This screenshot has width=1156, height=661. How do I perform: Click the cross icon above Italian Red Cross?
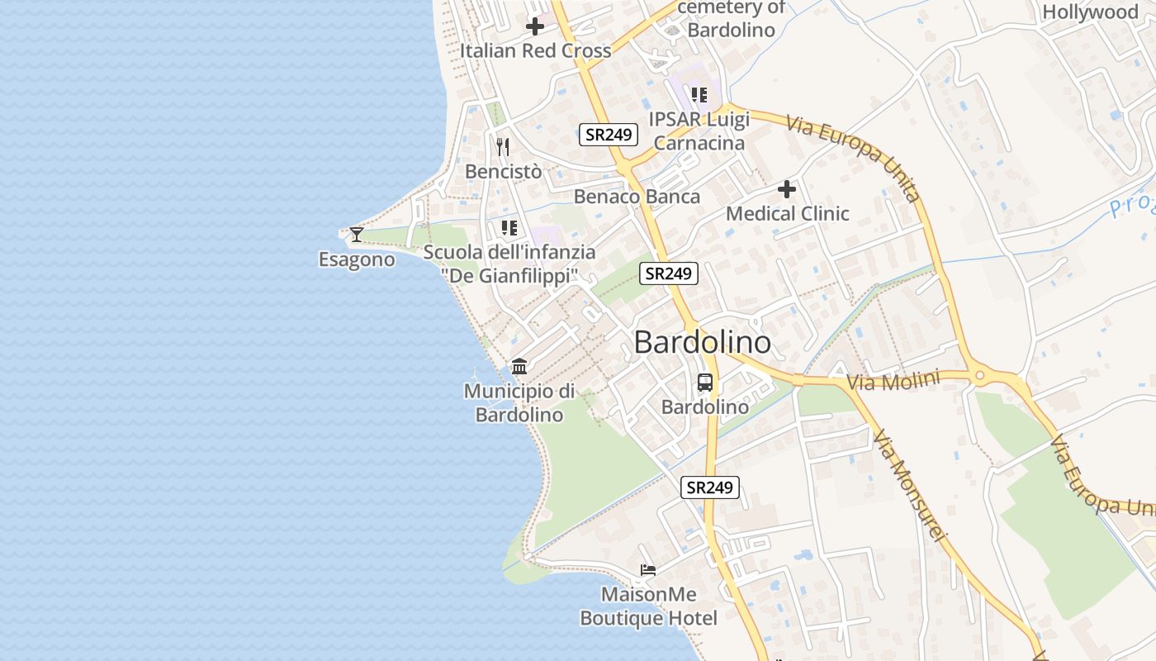click(535, 26)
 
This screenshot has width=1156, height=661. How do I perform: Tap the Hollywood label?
click(1090, 12)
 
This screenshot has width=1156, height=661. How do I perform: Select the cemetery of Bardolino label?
click(731, 19)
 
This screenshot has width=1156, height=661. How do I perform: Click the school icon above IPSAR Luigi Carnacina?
click(699, 95)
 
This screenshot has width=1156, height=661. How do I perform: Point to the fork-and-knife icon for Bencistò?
click(503, 147)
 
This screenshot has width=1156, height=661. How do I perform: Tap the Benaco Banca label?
click(637, 197)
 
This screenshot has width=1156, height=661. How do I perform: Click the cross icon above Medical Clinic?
click(787, 189)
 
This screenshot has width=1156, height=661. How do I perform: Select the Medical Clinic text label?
click(787, 214)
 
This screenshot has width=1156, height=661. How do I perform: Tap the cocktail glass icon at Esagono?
click(356, 235)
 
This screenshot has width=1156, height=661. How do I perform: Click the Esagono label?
click(357, 259)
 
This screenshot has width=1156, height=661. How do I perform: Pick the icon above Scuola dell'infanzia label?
click(509, 227)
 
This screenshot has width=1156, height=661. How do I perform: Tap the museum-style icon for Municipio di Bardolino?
click(519, 366)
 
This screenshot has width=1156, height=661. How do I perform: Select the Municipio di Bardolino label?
click(519, 402)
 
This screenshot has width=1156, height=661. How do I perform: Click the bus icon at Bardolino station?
click(705, 383)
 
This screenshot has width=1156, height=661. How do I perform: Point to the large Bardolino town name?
click(702, 342)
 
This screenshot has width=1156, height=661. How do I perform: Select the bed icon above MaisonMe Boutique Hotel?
click(648, 570)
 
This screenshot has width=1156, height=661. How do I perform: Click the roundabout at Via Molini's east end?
click(980, 376)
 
